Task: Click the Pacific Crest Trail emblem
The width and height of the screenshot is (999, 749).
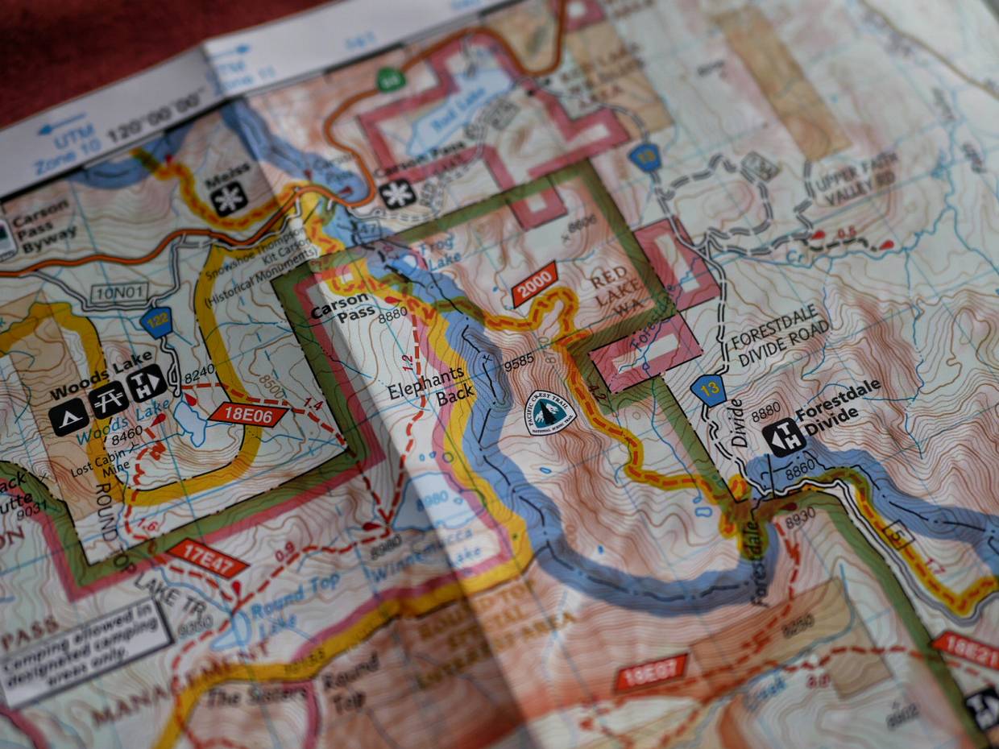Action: click(550, 412)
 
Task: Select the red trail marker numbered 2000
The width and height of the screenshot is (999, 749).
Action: click(534, 283)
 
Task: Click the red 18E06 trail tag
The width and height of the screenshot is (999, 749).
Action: click(248, 414)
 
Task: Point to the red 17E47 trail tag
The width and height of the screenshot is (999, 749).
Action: click(208, 558)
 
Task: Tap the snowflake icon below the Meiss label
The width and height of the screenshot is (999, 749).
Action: click(230, 198)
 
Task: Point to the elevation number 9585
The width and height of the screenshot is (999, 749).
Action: click(520, 364)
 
